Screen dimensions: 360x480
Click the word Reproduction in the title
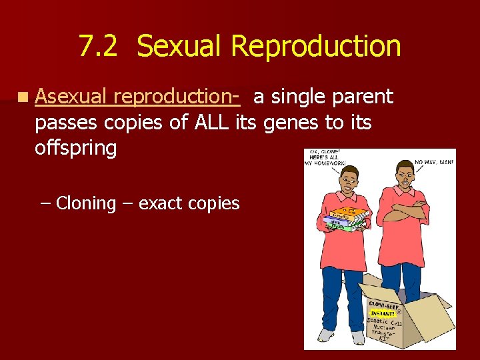315,47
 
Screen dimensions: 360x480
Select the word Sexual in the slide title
179,47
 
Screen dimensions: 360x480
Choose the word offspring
75,147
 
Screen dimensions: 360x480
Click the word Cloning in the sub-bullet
86,203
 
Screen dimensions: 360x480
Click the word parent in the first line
362,97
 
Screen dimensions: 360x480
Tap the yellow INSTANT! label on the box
383,312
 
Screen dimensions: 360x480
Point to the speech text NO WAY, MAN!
434,162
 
